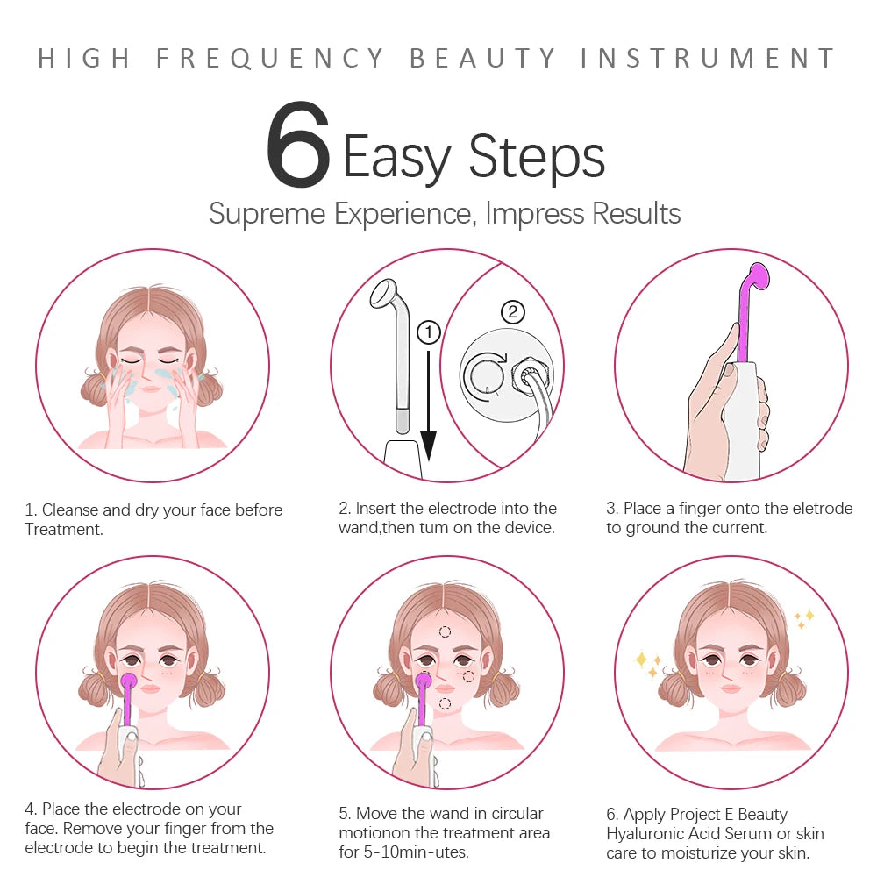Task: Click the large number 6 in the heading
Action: [x=298, y=146]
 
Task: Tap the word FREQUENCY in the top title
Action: [x=270, y=59]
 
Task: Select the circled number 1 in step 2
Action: [x=428, y=332]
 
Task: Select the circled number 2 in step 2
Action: [x=512, y=311]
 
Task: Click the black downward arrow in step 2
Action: [x=428, y=403]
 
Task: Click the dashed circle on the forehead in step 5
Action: [x=445, y=631]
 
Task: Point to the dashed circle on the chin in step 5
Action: [x=445, y=703]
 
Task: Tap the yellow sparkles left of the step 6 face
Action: [x=648, y=664]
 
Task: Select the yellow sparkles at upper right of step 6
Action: [x=803, y=618]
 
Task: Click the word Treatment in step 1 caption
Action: [x=63, y=529]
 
